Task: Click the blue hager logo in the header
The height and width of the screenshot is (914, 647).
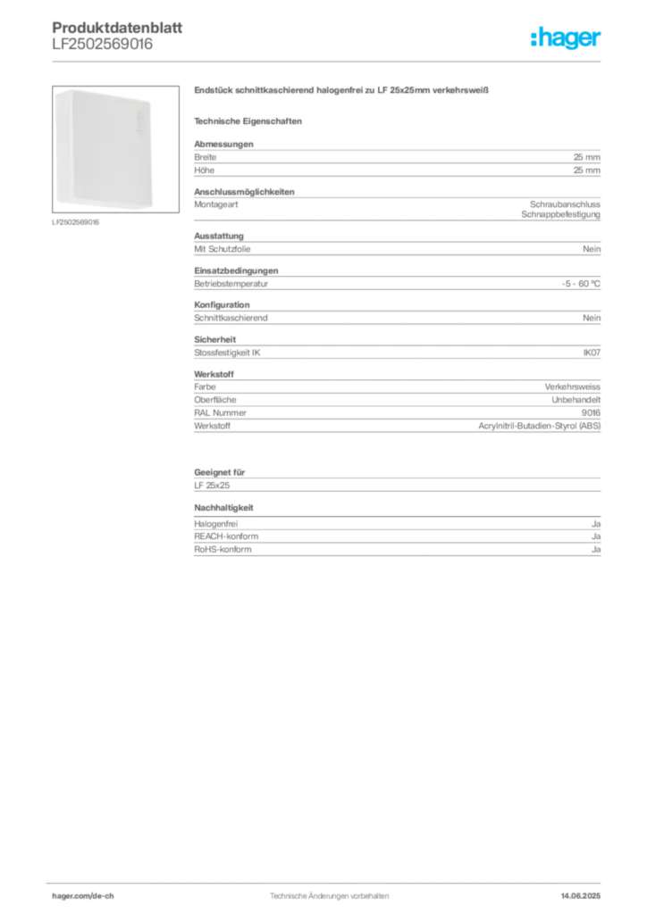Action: tap(567, 37)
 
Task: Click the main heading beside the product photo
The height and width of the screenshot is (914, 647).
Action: tap(343, 91)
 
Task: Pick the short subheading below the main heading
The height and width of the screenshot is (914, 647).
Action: tap(250, 119)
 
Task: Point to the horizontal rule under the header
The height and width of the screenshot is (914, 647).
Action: tap(357, 60)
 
